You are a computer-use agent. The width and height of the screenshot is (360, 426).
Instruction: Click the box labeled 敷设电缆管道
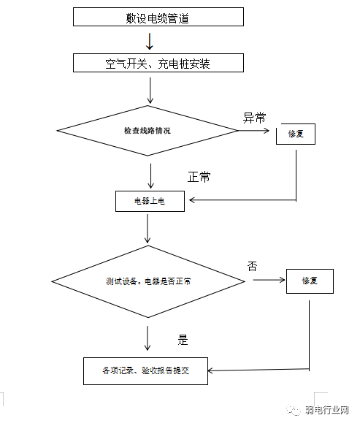[x=158, y=17]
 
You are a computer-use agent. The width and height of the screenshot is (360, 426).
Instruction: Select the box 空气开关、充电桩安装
[x=158, y=63]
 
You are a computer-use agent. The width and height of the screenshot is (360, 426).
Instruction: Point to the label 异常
[x=254, y=118]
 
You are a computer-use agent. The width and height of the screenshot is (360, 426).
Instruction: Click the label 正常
[x=199, y=177]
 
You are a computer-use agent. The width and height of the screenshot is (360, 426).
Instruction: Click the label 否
[x=252, y=266]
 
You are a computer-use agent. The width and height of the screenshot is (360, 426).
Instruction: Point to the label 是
[x=183, y=340]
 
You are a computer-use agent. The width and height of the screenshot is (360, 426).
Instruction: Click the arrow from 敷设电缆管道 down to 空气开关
[x=150, y=42]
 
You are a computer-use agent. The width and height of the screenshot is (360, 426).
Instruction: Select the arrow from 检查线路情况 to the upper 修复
[x=253, y=131]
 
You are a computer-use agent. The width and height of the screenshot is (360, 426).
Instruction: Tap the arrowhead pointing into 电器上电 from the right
[x=192, y=200]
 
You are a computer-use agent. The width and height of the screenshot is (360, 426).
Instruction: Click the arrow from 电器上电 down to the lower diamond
[x=148, y=229]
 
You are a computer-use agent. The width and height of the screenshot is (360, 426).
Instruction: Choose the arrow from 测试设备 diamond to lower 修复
[x=269, y=280]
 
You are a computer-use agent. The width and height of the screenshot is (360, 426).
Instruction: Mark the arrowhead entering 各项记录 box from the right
[x=210, y=370]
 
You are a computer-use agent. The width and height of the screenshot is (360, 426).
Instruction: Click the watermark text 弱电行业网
[x=326, y=410]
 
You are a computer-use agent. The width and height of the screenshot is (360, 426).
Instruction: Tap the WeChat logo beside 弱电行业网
[x=294, y=410]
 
